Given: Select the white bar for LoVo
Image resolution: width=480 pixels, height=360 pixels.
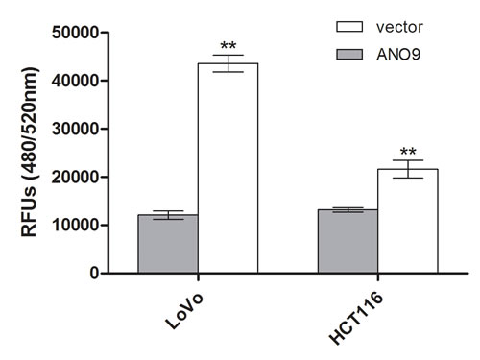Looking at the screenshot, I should (x=228, y=168).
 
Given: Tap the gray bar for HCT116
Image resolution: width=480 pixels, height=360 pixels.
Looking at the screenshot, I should (x=348, y=241).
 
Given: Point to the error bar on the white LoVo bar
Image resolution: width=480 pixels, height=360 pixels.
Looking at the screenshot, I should (x=228, y=63).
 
